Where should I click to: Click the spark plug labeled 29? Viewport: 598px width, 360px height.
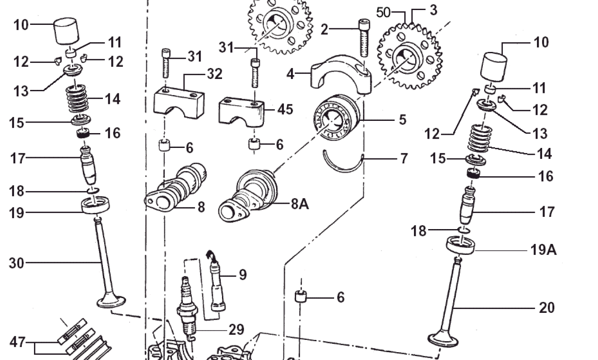(x=186, y=310)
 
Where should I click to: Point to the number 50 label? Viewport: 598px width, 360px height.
(x=383, y=12)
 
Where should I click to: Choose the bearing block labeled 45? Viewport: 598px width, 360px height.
(x=241, y=111)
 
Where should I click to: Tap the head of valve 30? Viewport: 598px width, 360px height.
(x=111, y=301)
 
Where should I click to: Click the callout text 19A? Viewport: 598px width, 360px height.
(x=544, y=250)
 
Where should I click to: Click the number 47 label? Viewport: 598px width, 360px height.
(x=18, y=342)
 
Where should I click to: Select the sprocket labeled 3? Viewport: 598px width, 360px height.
(x=409, y=56)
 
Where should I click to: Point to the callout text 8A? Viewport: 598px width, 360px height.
(x=300, y=204)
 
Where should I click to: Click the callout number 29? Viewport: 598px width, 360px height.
(x=236, y=329)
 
